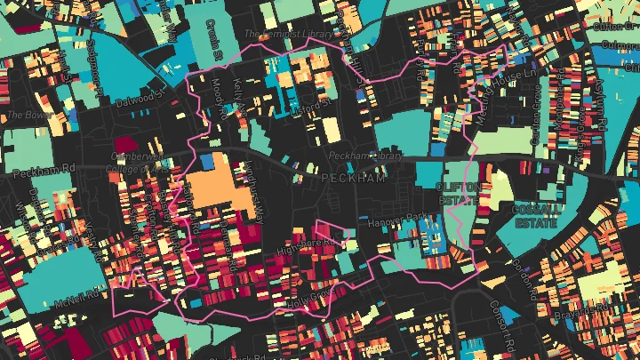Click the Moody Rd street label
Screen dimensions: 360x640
[x=217, y=98]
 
